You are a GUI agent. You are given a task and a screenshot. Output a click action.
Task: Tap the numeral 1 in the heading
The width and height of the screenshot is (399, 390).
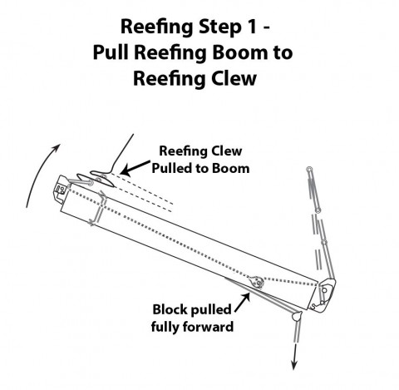(x=251, y=27)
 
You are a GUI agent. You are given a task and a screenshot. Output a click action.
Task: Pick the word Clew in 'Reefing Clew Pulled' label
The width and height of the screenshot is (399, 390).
(x=226, y=151)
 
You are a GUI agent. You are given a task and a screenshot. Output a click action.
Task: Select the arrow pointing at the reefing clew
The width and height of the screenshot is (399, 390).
(x=135, y=168)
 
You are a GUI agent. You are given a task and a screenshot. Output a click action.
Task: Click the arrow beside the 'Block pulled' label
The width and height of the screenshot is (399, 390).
(x=243, y=302)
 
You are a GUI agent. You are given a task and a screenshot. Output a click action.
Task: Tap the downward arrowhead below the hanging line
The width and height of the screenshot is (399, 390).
(x=294, y=365)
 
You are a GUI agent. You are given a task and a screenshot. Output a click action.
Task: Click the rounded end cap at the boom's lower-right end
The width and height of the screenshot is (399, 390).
(x=324, y=294)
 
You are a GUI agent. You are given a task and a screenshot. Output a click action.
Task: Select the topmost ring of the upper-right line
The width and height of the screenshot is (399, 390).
(x=309, y=169)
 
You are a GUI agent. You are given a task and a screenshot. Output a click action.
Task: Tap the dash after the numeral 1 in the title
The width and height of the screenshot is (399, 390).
(x=265, y=28)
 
